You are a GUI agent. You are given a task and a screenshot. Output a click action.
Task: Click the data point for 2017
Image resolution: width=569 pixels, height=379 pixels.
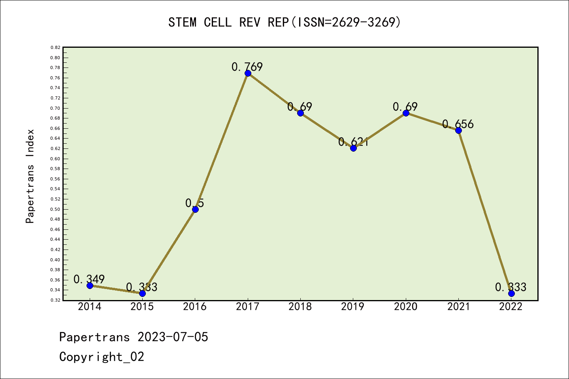point(248,73)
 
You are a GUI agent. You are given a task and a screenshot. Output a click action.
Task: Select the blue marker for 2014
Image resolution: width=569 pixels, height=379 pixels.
point(90,285)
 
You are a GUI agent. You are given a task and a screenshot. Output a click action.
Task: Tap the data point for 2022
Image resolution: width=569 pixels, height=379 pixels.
point(511,293)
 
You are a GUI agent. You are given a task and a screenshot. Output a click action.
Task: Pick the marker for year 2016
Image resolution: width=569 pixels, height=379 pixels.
point(195,209)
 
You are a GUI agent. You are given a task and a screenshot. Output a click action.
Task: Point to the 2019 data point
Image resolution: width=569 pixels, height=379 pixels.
point(353,148)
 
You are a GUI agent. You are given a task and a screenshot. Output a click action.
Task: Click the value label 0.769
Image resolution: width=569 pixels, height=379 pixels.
point(247,67)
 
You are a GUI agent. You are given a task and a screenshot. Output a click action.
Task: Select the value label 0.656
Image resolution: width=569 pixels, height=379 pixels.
point(458,124)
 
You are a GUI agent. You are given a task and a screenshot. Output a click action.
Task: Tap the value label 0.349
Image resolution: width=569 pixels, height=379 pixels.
point(89,279)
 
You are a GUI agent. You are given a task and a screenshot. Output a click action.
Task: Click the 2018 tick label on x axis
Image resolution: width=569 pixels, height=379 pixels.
point(300,307)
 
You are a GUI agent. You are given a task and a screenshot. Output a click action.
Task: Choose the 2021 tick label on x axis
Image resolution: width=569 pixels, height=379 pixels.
point(458,307)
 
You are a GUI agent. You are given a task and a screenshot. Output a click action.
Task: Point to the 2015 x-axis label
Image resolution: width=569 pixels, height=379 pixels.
point(142,307)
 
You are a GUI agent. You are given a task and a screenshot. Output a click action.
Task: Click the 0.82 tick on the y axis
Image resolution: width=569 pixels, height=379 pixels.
point(55,47)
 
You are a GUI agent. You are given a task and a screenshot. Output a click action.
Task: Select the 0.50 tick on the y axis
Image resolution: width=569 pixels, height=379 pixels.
point(55,209)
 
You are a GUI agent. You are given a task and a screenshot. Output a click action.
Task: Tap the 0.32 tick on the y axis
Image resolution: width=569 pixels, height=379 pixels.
point(55,300)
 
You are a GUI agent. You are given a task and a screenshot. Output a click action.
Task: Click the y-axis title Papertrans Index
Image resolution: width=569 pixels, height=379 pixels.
point(30,176)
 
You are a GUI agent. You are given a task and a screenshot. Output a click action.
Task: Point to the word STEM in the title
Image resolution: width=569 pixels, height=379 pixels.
point(182,22)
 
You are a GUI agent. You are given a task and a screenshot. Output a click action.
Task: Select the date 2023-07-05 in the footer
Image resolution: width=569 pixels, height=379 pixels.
point(173,337)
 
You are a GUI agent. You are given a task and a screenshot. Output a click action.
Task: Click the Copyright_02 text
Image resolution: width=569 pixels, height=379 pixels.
point(102,356)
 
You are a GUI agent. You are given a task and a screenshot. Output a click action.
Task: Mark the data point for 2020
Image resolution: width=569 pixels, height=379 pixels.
point(406,113)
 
